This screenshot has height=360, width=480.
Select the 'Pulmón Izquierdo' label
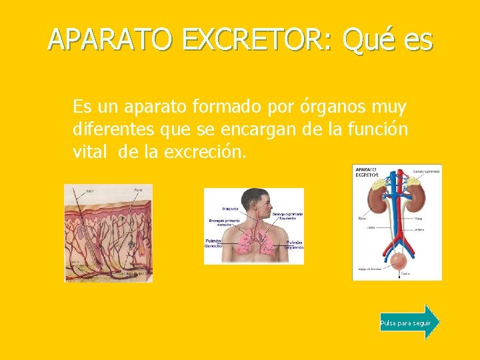294,244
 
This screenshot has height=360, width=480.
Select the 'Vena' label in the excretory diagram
419,217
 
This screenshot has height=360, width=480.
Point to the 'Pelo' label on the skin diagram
89,191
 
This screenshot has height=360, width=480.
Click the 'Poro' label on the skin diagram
138,191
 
